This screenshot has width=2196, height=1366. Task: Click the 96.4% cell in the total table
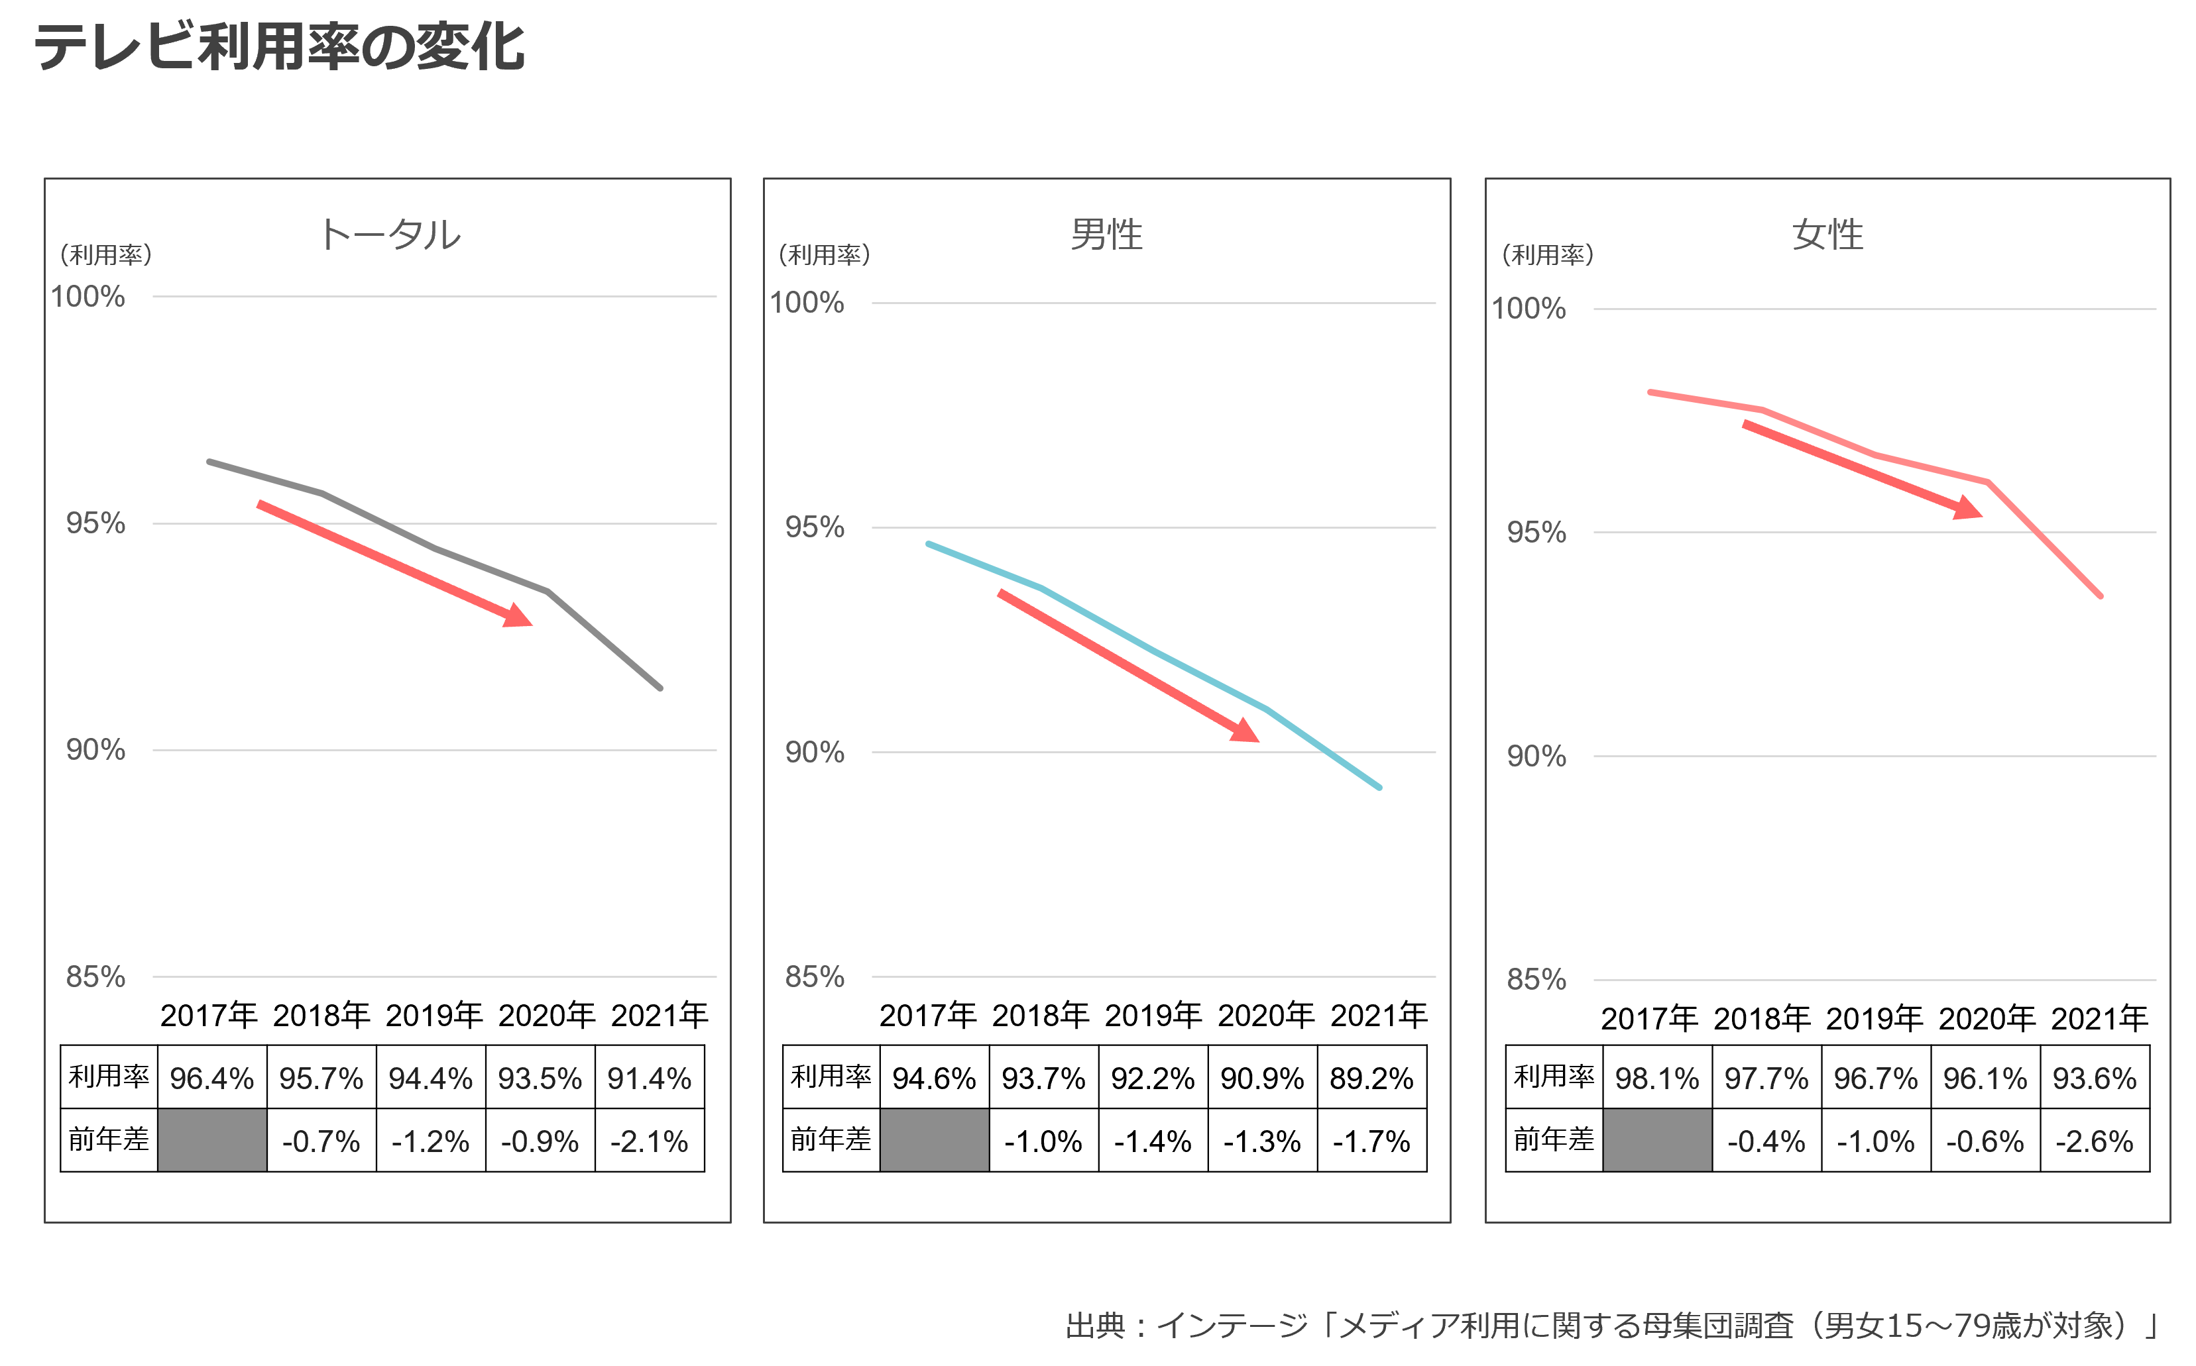pyautogui.click(x=212, y=1078)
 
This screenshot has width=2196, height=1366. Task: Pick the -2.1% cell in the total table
pyautogui.click(x=650, y=1141)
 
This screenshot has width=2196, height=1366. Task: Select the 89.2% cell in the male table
pyautogui.click(x=1372, y=1078)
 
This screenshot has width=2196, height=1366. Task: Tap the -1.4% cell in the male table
pyautogui.click(x=1153, y=1141)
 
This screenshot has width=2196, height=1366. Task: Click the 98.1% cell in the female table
pyautogui.click(x=1657, y=1078)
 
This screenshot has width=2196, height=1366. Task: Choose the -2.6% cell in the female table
pyautogui.click(x=2095, y=1141)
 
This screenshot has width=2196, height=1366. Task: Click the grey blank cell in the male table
pyautogui.click(x=935, y=1141)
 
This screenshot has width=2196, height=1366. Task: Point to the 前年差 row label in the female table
pyautogui.click(x=1554, y=1139)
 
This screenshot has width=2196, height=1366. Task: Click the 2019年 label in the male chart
pyautogui.click(x=1153, y=1016)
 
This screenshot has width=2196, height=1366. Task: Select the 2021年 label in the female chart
pyautogui.click(x=2099, y=1019)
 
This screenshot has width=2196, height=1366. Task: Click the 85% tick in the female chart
pyautogui.click(x=1536, y=979)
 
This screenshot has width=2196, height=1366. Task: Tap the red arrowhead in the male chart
pyautogui.click(x=1246, y=730)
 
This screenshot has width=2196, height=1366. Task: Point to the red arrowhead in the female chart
pyautogui.click(x=1967, y=507)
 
